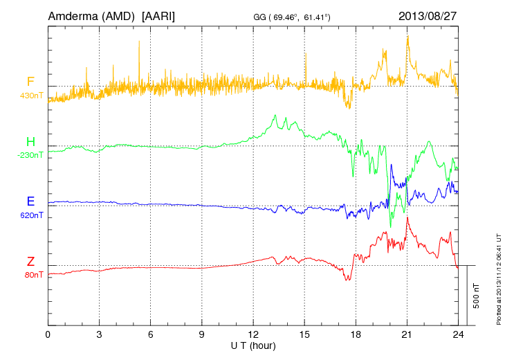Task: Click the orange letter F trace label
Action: pos(30,82)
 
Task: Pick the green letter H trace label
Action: pos(30,143)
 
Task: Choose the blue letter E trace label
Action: pos(30,202)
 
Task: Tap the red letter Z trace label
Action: pos(30,262)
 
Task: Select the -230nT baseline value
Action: pos(30,155)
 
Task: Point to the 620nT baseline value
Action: pos(32,215)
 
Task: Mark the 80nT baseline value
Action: pos(33,275)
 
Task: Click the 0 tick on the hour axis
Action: pos(48,334)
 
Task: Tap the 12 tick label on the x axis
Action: pos(253,334)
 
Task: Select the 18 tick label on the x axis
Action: pos(356,334)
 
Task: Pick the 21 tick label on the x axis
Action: pos(407,334)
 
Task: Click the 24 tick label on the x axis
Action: pos(458,334)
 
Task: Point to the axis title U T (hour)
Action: pos(253,345)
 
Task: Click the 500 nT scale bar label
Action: pos(477,296)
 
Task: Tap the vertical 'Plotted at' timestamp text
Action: pos(497,277)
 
